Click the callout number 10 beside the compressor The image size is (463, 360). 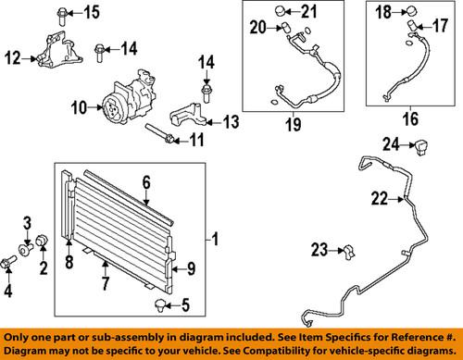[80, 107]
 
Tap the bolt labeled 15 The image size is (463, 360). [62, 16]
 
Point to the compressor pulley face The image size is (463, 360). [111, 108]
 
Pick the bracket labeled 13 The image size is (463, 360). [188, 115]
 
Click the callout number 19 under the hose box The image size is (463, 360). [293, 124]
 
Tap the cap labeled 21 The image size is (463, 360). [280, 11]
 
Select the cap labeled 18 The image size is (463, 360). [413, 12]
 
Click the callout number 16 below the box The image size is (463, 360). [410, 119]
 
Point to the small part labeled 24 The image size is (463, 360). [420, 147]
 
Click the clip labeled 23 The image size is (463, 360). [349, 252]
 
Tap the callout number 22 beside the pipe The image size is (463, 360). [380, 198]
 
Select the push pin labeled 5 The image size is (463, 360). [160, 305]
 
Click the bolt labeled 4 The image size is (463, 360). [9, 262]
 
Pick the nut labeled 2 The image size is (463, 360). [42, 241]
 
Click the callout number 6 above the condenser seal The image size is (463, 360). [146, 182]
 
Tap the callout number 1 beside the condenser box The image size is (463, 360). [216, 239]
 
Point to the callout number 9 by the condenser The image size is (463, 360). [192, 268]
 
